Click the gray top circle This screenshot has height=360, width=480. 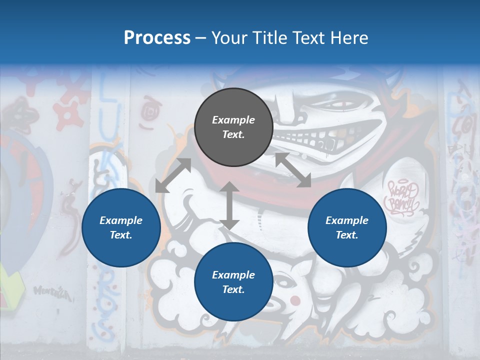[233, 127]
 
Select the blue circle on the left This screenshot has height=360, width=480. [121, 228]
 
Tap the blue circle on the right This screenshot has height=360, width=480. [347, 228]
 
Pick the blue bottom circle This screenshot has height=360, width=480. [233, 282]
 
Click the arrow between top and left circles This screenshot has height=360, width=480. [173, 175]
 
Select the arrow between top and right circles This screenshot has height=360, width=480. [293, 170]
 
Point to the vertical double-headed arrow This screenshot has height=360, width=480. [229, 205]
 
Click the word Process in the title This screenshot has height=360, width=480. [157, 37]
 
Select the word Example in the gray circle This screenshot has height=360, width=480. [233, 120]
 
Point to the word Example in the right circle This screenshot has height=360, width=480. [347, 220]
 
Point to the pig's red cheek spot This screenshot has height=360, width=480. [295, 300]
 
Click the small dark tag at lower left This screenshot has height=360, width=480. [50, 291]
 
